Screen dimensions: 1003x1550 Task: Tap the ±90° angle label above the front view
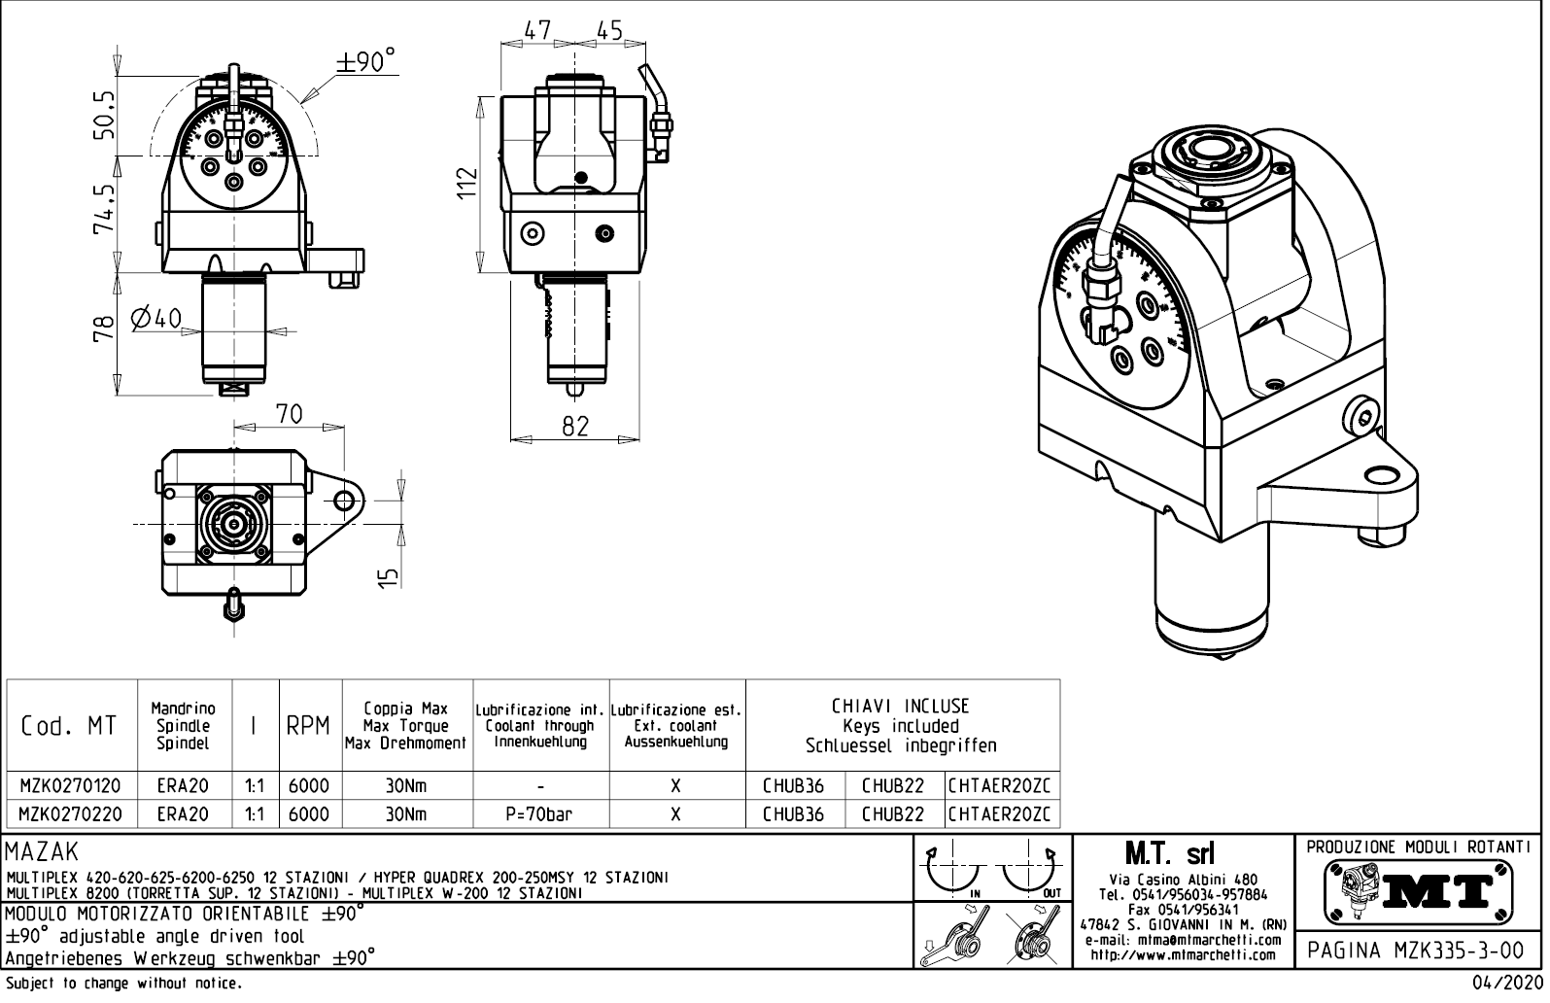coord(366,62)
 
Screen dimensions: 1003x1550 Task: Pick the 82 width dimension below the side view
coord(575,426)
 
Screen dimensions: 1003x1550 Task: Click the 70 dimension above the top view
coord(289,414)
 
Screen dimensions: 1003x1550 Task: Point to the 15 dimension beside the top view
coord(389,576)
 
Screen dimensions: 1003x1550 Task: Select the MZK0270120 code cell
coord(72,786)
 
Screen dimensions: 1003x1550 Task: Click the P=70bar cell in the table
coord(539,814)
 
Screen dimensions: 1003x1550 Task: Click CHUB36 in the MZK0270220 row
coord(793,814)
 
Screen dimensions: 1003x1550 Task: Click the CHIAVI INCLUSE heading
coord(900,707)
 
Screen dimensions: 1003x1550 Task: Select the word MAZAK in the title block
coord(43,853)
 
